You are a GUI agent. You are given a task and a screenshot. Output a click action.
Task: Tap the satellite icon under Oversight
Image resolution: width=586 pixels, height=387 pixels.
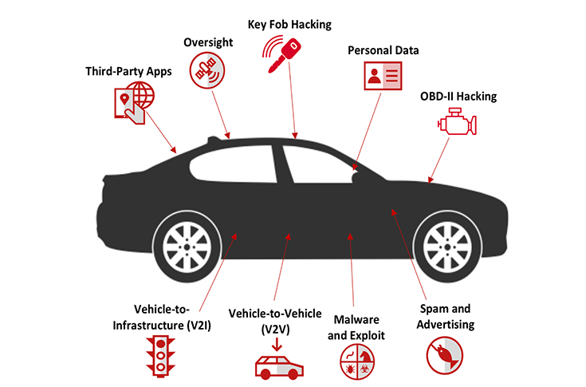[207, 70]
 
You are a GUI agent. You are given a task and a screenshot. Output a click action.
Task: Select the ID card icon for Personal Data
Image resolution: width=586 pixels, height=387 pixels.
[383, 76]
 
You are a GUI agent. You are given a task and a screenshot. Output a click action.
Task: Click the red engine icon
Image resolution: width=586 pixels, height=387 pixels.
[458, 121]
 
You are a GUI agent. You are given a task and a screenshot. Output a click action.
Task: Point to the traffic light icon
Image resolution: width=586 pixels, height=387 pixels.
[161, 357]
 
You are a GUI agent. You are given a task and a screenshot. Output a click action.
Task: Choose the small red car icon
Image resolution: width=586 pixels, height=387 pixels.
[279, 367]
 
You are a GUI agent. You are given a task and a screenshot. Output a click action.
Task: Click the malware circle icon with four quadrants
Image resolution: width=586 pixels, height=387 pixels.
[357, 361]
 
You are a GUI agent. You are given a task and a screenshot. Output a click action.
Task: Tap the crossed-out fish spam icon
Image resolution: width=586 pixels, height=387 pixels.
[445, 356]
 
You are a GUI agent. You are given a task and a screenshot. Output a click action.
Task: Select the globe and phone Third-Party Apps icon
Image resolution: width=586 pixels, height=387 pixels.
[134, 103]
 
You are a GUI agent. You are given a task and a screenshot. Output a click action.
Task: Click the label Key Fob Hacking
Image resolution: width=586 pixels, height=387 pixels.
[289, 25]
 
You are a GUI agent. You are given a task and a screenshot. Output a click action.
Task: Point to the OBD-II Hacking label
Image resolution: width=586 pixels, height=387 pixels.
[458, 97]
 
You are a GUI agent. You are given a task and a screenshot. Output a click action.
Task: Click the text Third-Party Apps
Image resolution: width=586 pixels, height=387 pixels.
[128, 72]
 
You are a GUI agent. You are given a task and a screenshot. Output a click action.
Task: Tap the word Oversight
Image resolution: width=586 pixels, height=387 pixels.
[208, 42]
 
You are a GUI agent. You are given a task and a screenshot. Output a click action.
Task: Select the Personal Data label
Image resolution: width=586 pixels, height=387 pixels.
[383, 50]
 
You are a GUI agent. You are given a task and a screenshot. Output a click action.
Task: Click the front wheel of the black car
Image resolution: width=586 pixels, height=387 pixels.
[447, 247]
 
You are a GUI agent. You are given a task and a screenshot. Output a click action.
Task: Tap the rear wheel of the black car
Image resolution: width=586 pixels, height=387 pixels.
[187, 247]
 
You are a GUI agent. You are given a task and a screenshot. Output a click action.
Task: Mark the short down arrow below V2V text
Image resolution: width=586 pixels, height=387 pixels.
[277, 345]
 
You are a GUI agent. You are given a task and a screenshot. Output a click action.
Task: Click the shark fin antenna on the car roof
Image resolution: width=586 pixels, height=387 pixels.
[214, 140]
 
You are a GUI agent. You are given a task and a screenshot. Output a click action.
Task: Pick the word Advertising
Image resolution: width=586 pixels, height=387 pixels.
[446, 325]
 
